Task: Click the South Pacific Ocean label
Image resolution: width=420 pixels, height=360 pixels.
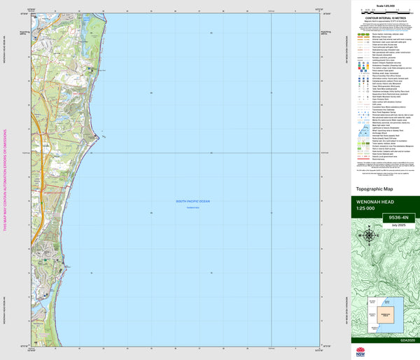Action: pos(193,202)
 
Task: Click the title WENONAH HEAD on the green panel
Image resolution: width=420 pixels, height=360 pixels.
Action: pos(376,202)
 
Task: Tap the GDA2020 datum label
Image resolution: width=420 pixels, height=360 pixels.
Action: pos(407,340)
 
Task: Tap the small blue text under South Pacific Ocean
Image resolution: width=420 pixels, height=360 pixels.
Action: pos(193,207)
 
